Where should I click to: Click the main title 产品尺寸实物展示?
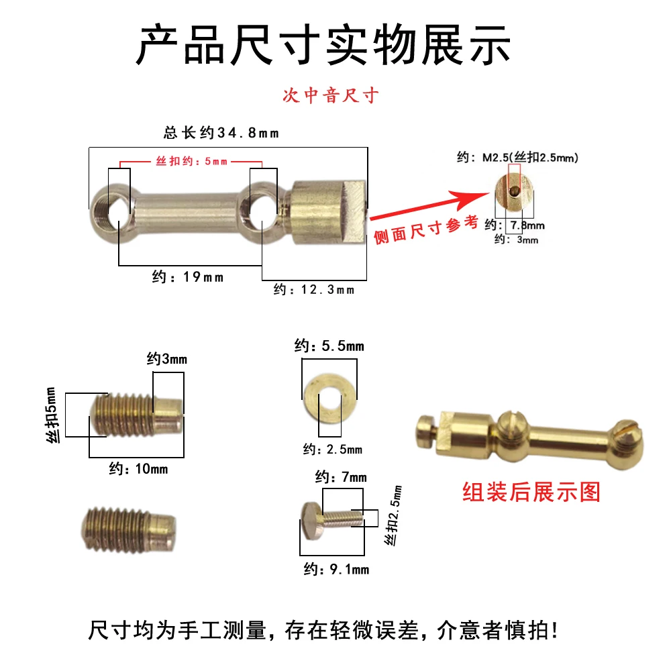pyautogui.click(x=323, y=45)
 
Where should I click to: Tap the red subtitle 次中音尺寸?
pyautogui.click(x=330, y=95)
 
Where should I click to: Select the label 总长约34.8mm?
pyautogui.click(x=221, y=133)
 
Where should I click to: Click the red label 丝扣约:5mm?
pyautogui.click(x=191, y=161)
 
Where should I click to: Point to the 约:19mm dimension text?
pyautogui.click(x=188, y=277)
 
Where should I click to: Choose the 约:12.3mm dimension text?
pyautogui.click(x=314, y=290)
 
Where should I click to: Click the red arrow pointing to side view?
pyautogui.click(x=430, y=205)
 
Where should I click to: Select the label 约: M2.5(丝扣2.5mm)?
pyautogui.click(x=517, y=158)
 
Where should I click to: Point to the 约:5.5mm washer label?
pyautogui.click(x=329, y=346)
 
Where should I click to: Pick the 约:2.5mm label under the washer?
pyautogui.click(x=333, y=450)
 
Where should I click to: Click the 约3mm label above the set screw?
pyautogui.click(x=167, y=358)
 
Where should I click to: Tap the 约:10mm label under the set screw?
pyautogui.click(x=138, y=468)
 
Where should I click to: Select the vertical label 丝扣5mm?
pyautogui.click(x=52, y=415)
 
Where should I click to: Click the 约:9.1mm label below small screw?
pyautogui.click(x=336, y=569)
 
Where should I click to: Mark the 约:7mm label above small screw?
pyautogui.click(x=341, y=476)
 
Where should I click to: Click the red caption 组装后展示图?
pyautogui.click(x=531, y=492)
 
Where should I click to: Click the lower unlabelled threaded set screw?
pyautogui.click(x=129, y=529)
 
